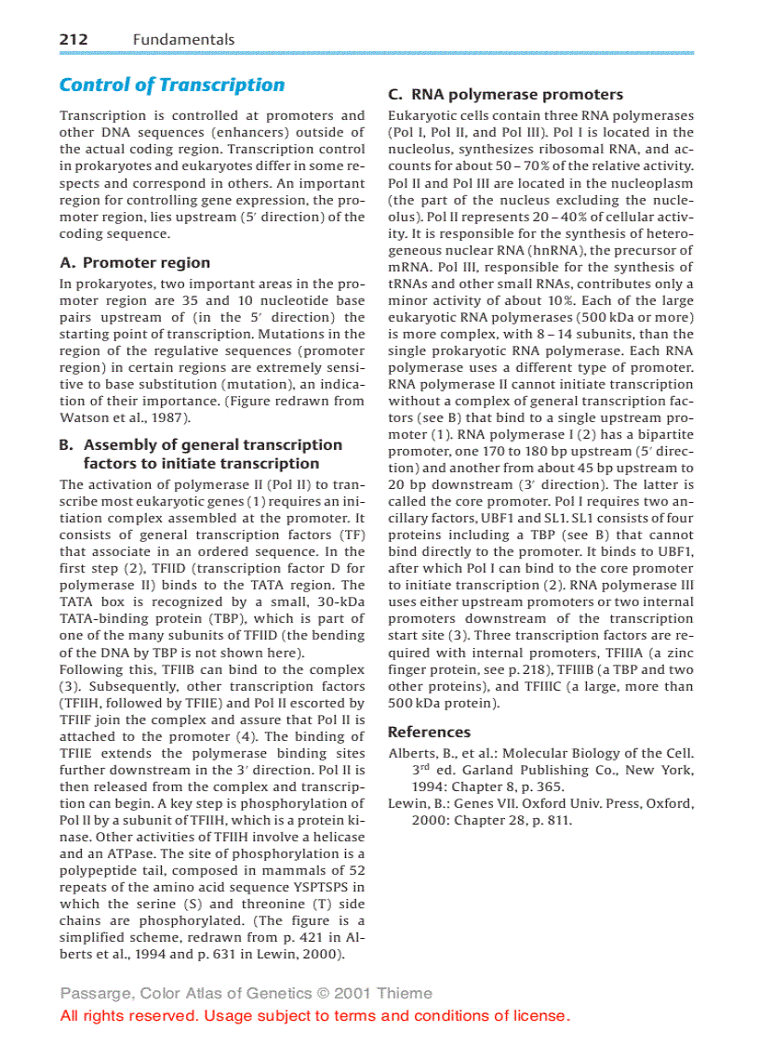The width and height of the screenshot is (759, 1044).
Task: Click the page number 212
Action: (x=73, y=39)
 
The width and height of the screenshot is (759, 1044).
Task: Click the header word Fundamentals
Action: (x=183, y=39)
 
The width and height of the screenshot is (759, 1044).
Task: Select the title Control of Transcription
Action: (x=172, y=85)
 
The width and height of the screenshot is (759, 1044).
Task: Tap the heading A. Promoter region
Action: (x=135, y=263)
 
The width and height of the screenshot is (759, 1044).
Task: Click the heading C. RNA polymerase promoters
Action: (x=505, y=94)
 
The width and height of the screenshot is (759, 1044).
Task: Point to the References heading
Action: (x=429, y=732)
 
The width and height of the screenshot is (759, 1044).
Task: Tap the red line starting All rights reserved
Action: (x=314, y=1015)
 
